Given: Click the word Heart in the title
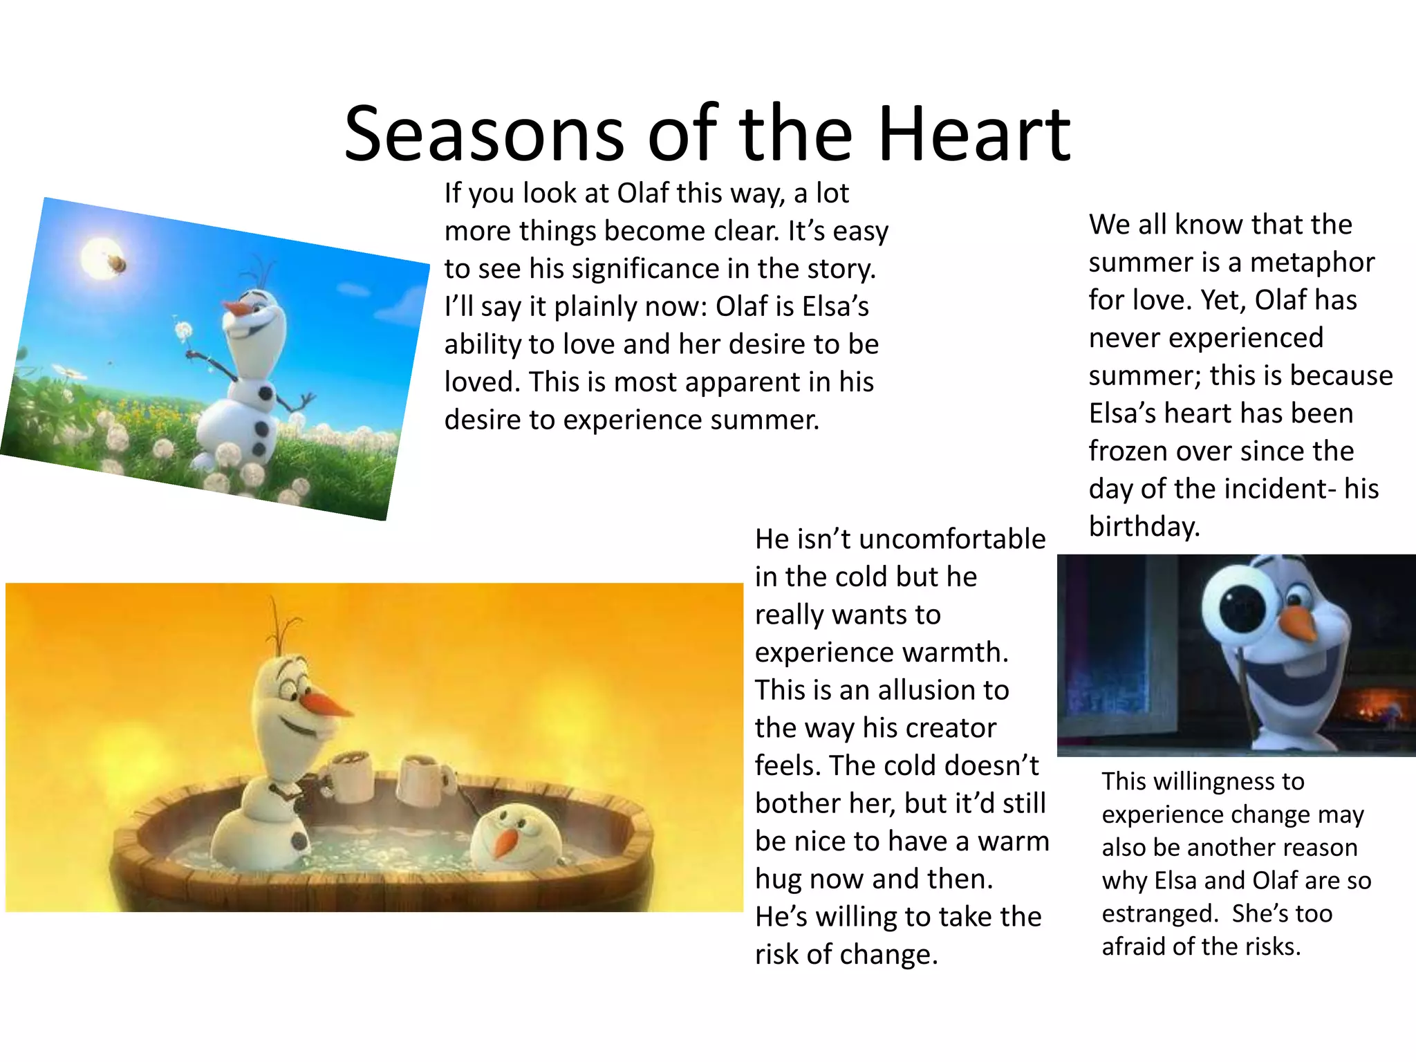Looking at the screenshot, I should click(x=975, y=133).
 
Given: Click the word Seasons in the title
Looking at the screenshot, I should click(x=484, y=133).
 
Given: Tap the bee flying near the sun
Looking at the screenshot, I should click(x=116, y=263).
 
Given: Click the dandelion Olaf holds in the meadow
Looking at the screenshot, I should click(x=184, y=331).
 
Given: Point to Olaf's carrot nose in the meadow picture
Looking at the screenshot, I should click(x=239, y=308).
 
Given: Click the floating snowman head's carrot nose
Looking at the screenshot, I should click(x=507, y=841).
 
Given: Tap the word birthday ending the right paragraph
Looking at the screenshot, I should click(x=1144, y=527).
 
